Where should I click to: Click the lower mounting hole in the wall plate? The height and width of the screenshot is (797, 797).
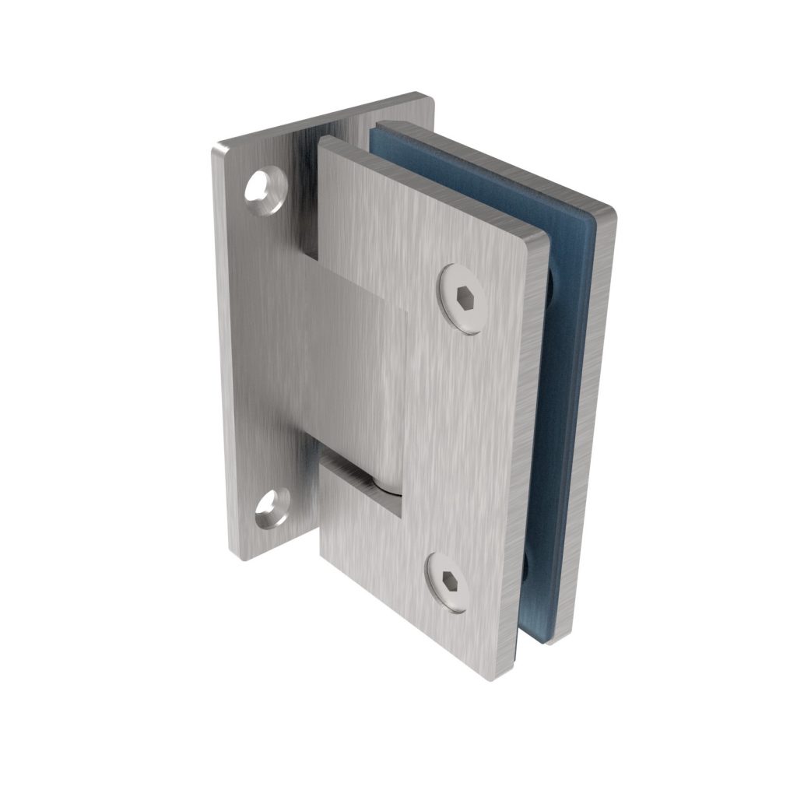pos(272,507)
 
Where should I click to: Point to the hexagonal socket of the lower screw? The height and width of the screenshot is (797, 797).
pos(450,583)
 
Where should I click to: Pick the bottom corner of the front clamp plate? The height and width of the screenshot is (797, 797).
pos(492,676)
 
